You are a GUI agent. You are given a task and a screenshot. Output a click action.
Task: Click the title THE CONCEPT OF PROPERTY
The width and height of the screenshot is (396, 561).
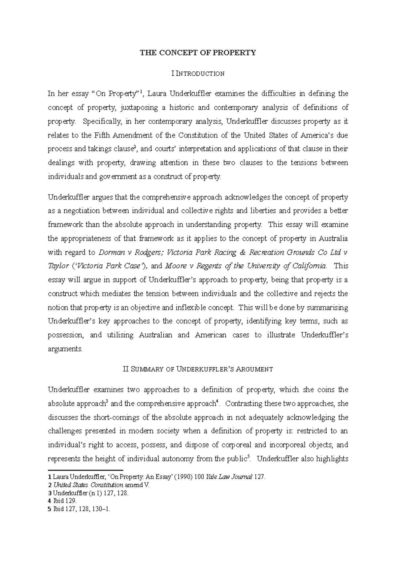click(198, 53)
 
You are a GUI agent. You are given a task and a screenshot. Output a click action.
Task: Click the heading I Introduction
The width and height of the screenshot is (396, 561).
click(198, 73)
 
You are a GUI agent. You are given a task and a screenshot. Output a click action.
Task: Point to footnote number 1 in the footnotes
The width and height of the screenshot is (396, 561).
click(49, 477)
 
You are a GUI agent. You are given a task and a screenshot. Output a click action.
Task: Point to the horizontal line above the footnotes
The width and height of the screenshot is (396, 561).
click(85, 470)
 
